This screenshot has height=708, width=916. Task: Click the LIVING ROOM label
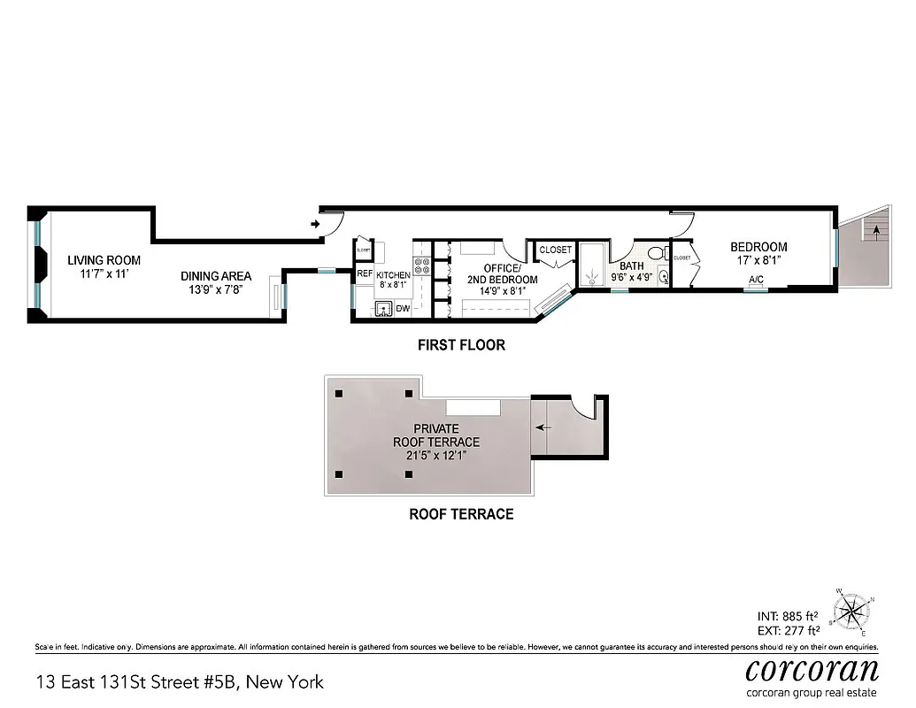pyautogui.click(x=104, y=260)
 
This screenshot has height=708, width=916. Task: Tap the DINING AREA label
pyautogui.click(x=216, y=275)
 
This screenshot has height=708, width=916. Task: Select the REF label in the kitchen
pyautogui.click(x=365, y=274)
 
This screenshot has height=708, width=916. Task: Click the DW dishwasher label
pyautogui.click(x=403, y=309)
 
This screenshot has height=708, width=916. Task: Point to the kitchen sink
pyautogui.click(x=383, y=309)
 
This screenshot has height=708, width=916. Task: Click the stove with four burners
pyautogui.click(x=422, y=268)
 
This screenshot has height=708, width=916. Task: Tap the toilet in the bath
pyautogui.click(x=657, y=254)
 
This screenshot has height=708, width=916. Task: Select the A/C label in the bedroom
pyautogui.click(x=757, y=280)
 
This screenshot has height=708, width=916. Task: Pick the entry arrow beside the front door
pyautogui.click(x=315, y=224)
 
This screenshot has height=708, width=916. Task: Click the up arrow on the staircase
pyautogui.click(x=876, y=233)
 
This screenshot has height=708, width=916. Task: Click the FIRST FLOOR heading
pyautogui.click(x=461, y=345)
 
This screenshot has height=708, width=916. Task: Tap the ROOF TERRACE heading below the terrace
pyautogui.click(x=460, y=514)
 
